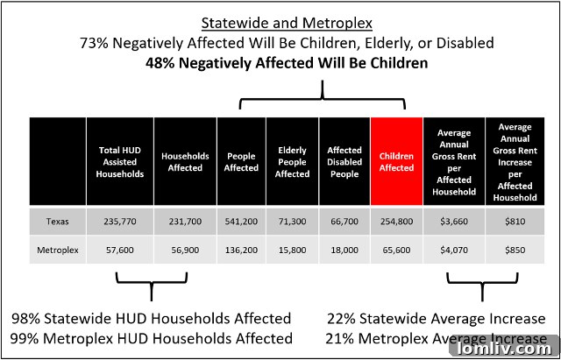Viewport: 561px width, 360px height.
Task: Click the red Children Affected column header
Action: (396, 162)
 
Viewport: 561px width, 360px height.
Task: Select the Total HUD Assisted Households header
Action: (120, 162)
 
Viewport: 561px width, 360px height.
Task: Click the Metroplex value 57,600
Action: (120, 250)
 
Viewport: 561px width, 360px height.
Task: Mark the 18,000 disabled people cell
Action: (344, 250)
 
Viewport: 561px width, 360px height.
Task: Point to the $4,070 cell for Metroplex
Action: (454, 250)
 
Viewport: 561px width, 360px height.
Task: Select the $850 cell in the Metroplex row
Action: (515, 250)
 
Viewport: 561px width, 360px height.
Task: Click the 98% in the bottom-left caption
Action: (27, 318)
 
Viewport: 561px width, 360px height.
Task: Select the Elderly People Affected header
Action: (292, 162)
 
